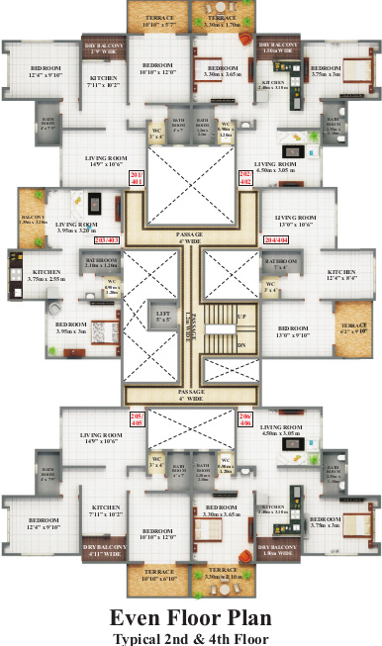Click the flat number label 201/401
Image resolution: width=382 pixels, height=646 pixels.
tap(137, 178)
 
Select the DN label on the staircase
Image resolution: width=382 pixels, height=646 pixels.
tap(240, 344)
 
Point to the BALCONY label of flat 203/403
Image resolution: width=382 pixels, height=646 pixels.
tap(33, 220)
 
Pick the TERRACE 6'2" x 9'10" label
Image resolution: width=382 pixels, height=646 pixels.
tap(354, 328)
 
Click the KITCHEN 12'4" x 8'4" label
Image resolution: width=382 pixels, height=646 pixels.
tap(341, 274)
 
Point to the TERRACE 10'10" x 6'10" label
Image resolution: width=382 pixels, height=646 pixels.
tap(158, 575)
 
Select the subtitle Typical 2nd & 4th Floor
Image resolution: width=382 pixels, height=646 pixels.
tap(190, 638)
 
